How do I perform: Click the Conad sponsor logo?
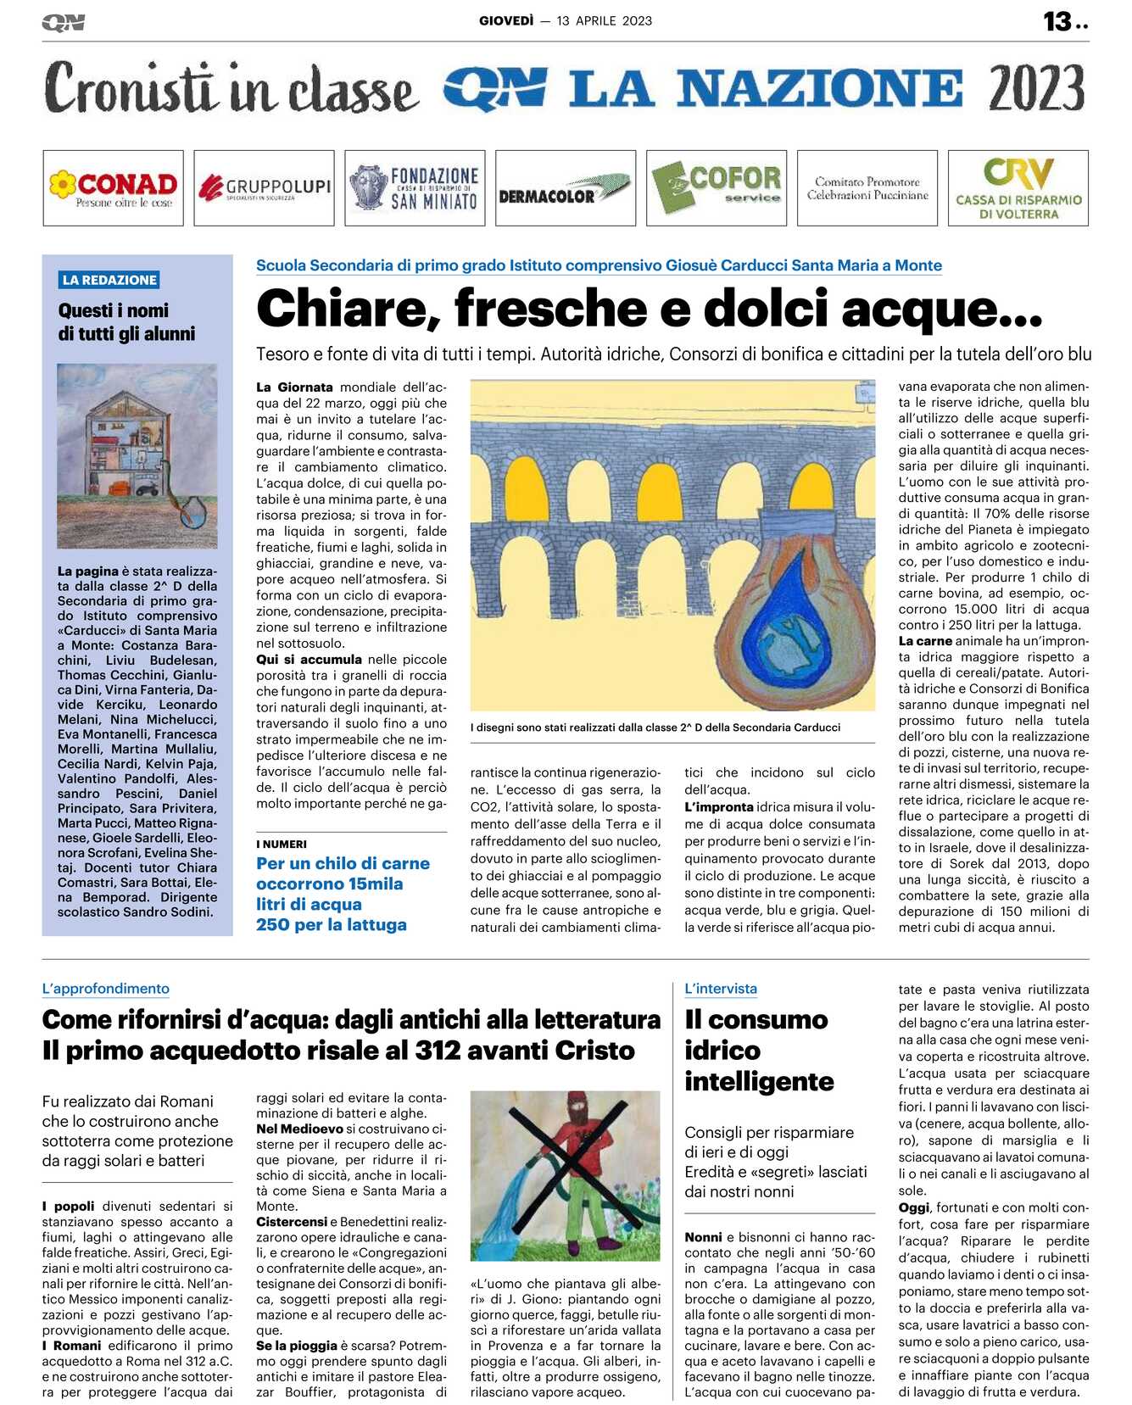tap(113, 188)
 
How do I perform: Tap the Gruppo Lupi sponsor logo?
tap(264, 188)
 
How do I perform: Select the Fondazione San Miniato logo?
tap(415, 188)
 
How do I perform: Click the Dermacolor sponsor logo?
tap(566, 188)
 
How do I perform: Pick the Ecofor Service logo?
tap(717, 188)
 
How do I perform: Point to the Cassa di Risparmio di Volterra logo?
tap(1018, 188)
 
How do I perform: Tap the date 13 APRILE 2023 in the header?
tap(605, 21)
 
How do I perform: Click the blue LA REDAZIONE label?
tap(109, 280)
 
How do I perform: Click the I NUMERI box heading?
tap(282, 844)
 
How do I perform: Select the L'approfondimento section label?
tap(105, 989)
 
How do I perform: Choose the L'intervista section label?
tap(721, 989)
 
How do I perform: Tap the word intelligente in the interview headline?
tap(759, 1082)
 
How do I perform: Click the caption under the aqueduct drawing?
tap(655, 728)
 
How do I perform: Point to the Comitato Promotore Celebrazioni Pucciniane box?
tap(867, 188)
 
